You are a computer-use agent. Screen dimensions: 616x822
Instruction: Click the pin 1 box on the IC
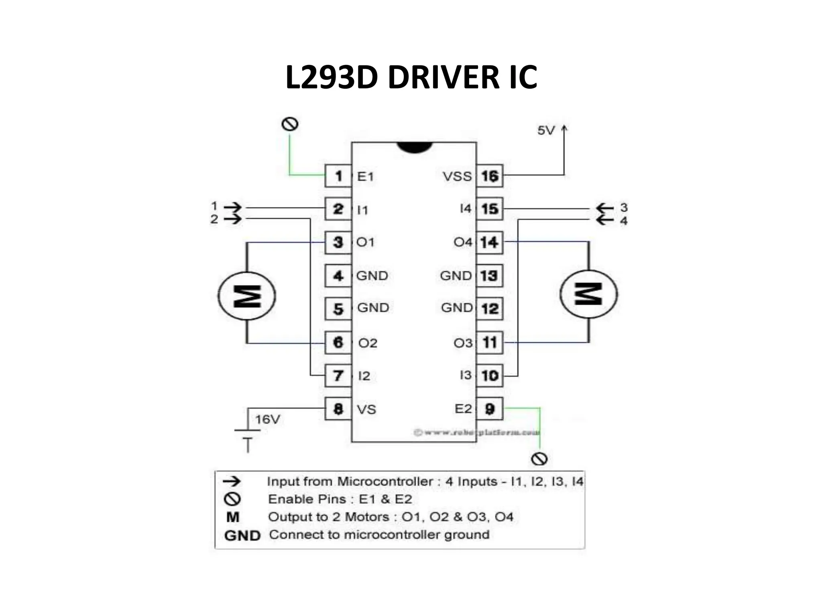pos(338,176)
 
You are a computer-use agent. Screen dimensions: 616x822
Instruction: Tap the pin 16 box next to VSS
pos(490,176)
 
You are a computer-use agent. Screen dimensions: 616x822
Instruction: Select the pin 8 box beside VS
pos(338,409)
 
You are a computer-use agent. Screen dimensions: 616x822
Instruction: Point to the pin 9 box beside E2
pos(490,409)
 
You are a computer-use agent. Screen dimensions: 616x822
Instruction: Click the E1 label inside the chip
pos(365,176)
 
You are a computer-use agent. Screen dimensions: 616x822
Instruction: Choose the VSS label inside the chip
pos(457,176)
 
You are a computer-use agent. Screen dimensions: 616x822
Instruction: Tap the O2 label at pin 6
pos(368,343)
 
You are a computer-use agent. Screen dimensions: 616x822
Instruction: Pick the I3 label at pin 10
pos(466,375)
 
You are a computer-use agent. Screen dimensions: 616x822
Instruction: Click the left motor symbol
pos(247,296)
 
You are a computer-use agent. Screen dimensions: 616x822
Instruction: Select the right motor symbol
pos(588,294)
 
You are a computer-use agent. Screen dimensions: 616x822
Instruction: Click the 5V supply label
pos(546,130)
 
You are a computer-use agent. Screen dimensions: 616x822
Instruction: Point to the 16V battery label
pos(267,419)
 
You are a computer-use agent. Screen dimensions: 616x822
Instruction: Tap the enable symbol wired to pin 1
pos(290,124)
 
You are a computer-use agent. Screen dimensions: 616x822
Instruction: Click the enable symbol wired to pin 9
pos(539,459)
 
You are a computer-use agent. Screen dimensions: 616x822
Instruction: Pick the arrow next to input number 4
pos(604,220)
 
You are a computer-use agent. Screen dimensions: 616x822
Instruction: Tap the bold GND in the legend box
pos(242,535)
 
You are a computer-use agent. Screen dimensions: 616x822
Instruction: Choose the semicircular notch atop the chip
pos(415,147)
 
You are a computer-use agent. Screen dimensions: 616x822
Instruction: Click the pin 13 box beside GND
pos(490,276)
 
